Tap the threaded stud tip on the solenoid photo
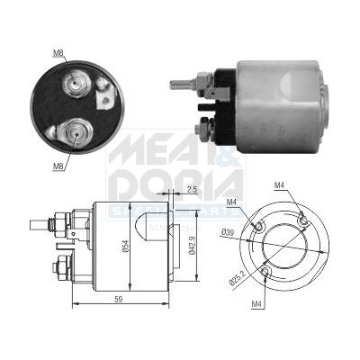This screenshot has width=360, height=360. click(x=174, y=85)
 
